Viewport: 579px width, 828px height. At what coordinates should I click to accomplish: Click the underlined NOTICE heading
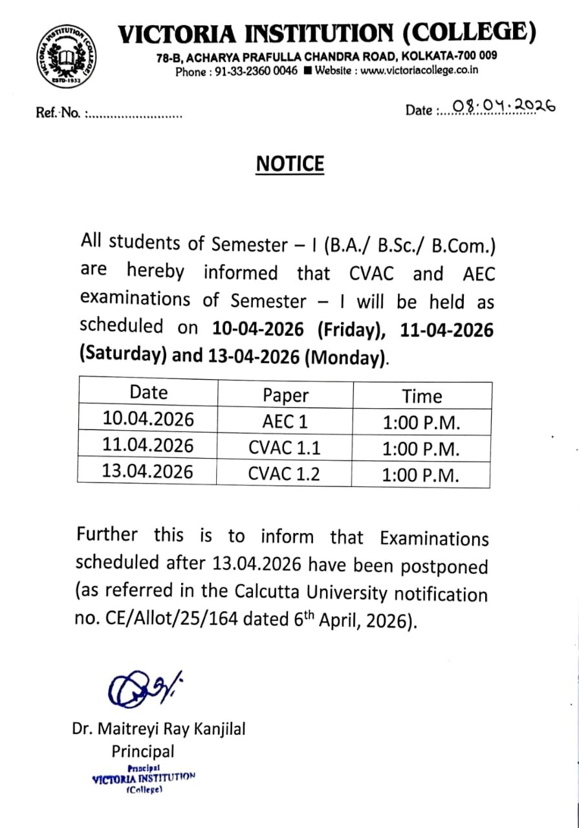pos(290,164)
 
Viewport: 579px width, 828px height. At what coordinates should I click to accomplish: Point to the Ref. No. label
pos(58,114)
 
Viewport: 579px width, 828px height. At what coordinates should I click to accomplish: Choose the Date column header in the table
pos(148,393)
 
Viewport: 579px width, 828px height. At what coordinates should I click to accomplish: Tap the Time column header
pos(422,396)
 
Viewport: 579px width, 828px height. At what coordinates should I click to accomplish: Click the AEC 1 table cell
pos(285,422)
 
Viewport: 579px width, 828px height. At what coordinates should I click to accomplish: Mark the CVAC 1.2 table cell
pos(284,474)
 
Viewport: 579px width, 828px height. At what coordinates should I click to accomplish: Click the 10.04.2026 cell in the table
pos(148,419)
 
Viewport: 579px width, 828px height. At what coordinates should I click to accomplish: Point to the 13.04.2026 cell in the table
pos(147,472)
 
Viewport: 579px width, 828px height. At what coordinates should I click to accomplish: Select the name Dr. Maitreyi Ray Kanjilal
pos(158,729)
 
